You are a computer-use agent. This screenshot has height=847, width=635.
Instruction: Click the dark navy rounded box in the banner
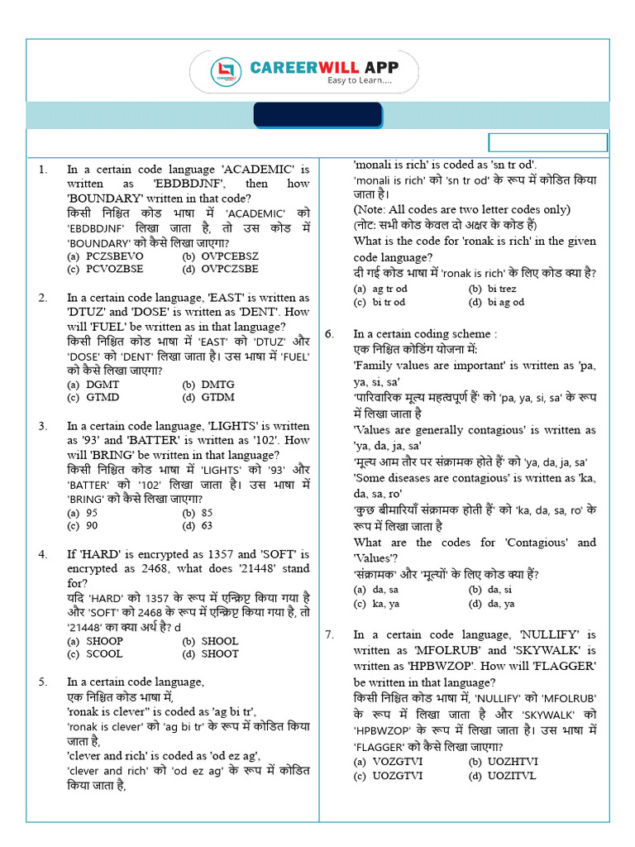[x=317, y=116]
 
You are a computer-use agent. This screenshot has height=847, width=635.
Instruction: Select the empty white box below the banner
[x=548, y=142]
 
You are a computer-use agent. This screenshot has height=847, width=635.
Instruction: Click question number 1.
[x=43, y=169]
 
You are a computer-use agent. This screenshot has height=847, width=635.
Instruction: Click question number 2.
[x=43, y=298]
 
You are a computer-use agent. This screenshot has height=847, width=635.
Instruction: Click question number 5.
[x=43, y=682]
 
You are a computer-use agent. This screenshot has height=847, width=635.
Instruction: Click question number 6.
[x=329, y=334]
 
